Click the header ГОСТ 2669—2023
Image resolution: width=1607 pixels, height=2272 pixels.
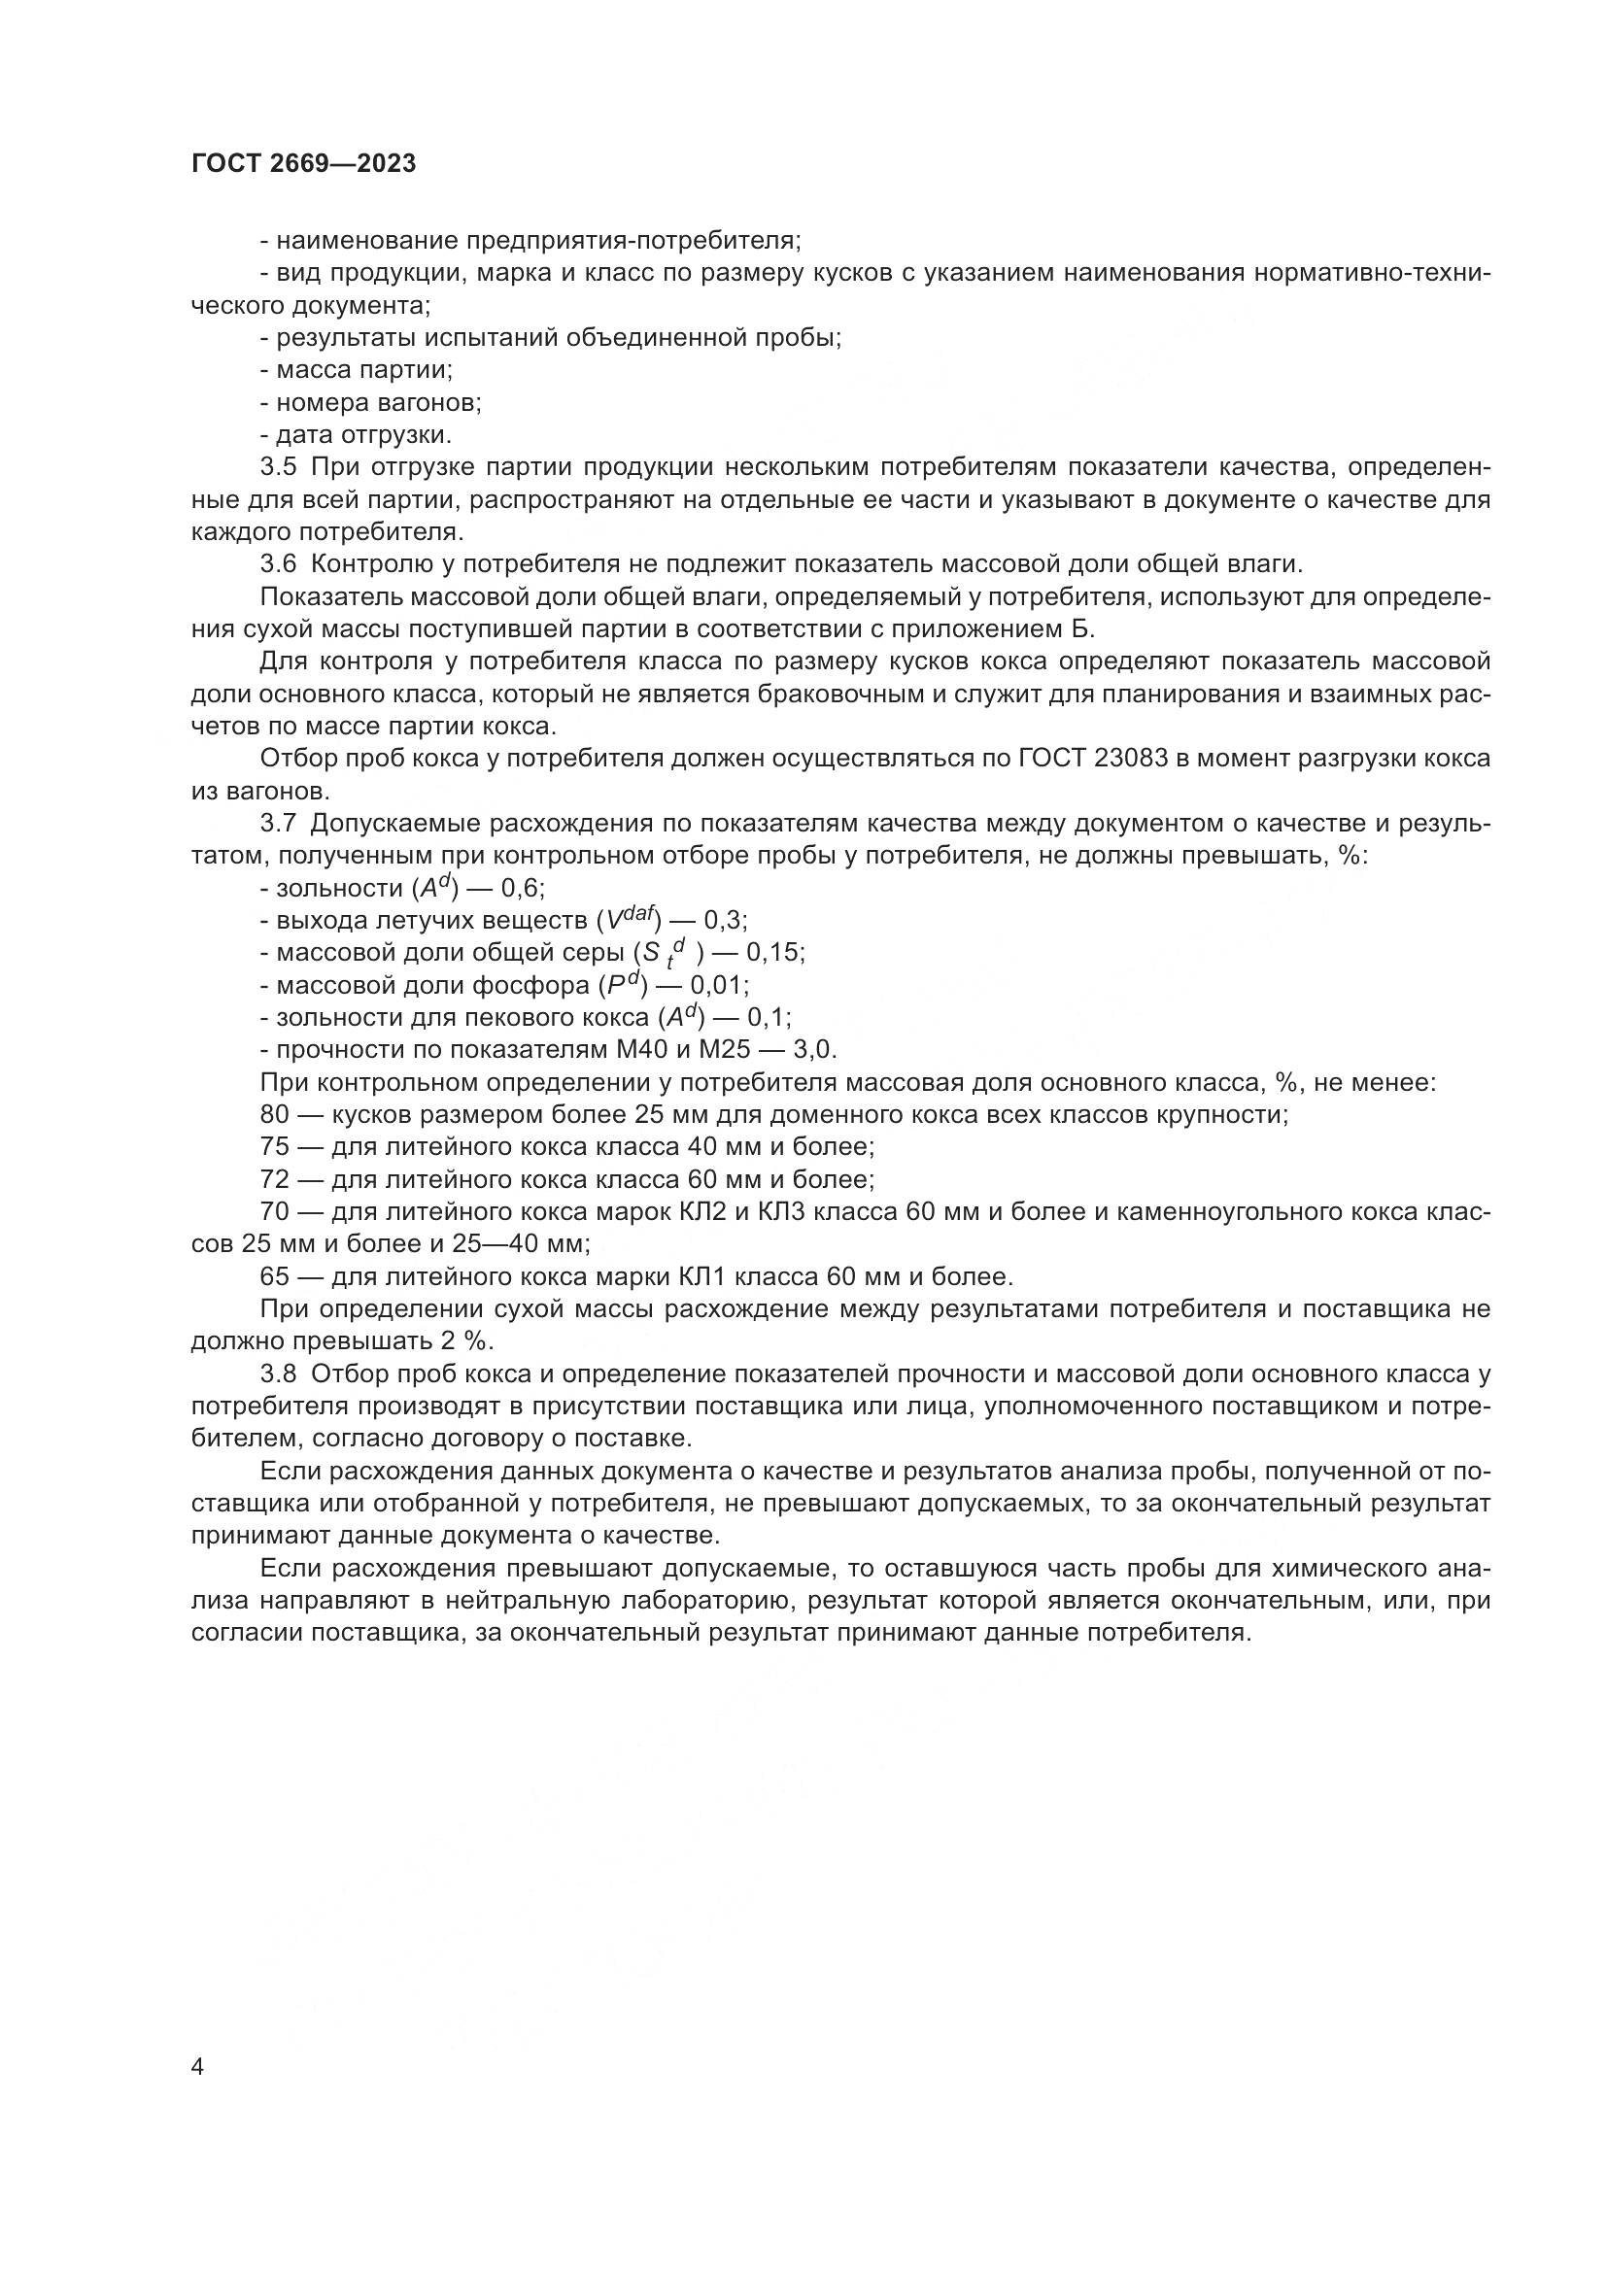point(304,164)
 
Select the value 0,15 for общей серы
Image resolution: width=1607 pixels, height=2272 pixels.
point(774,952)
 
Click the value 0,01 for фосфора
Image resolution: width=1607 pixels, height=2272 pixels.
point(718,986)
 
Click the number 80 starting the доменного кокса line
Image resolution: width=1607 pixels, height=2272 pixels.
point(274,1114)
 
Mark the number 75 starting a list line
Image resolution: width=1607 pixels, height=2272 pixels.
point(274,1147)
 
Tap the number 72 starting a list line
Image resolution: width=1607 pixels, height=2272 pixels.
point(274,1179)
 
